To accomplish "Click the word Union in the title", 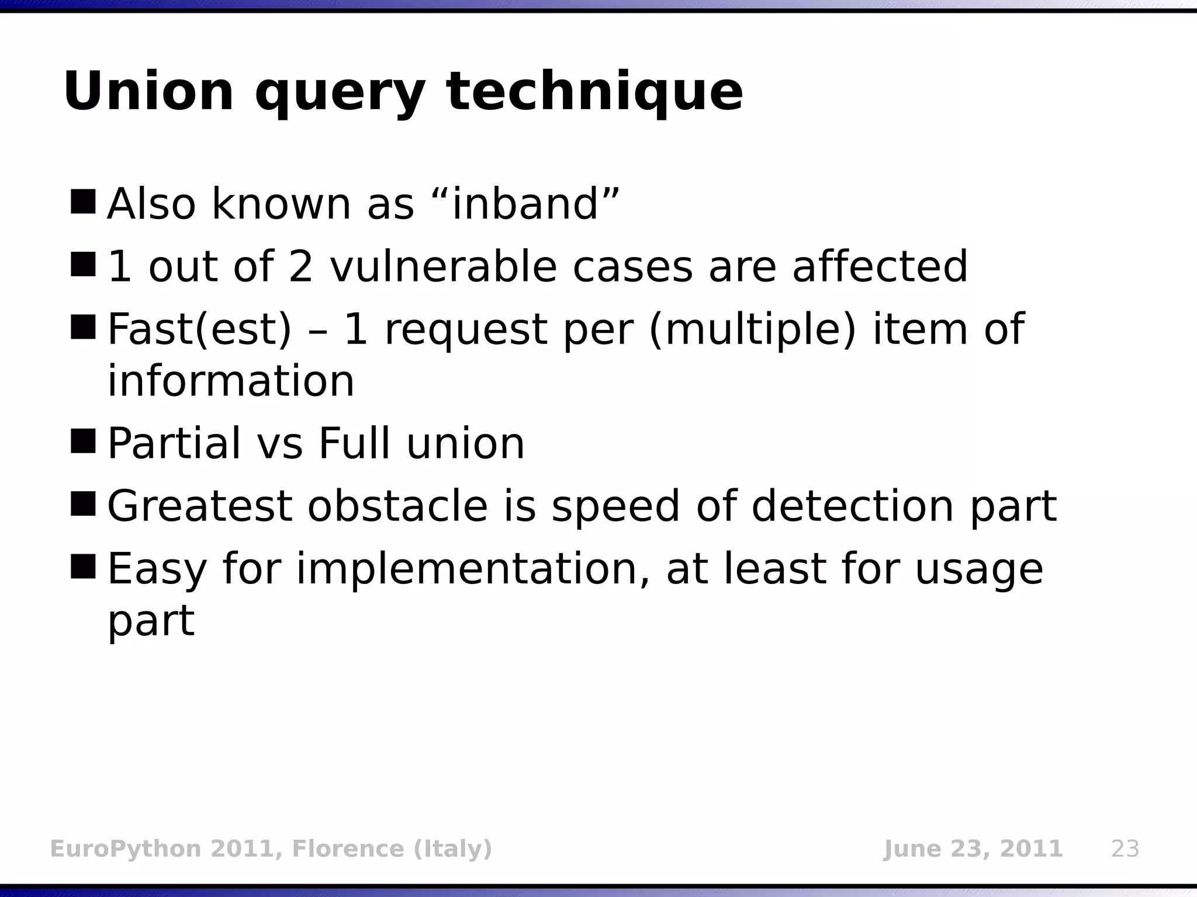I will click(148, 92).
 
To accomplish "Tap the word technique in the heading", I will click(594, 92).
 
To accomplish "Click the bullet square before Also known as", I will click(82, 201).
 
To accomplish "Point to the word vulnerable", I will click(443, 267).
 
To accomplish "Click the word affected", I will click(880, 267).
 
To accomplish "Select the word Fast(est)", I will click(199, 330).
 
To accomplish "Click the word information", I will click(231, 381).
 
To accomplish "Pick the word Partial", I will click(174, 444).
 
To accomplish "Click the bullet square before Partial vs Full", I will click(82, 441).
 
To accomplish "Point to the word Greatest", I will click(199, 506).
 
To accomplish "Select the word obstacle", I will click(397, 506).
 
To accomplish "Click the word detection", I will click(853, 506).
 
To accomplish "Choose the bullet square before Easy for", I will click(82, 566).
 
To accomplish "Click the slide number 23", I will click(1125, 849).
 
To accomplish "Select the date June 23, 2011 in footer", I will click(973, 849).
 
